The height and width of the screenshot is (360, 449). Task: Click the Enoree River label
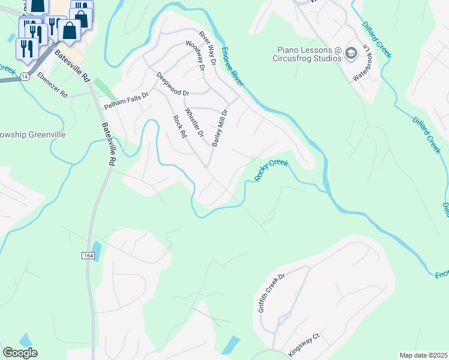coord(232,66)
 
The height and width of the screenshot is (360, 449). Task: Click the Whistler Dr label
coord(195,122)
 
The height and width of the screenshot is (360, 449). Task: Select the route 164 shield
coord(88,256)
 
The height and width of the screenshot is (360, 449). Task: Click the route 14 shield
coord(24,77)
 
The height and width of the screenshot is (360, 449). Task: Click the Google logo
coord(20,353)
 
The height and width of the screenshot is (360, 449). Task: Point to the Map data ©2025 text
coord(423,355)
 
